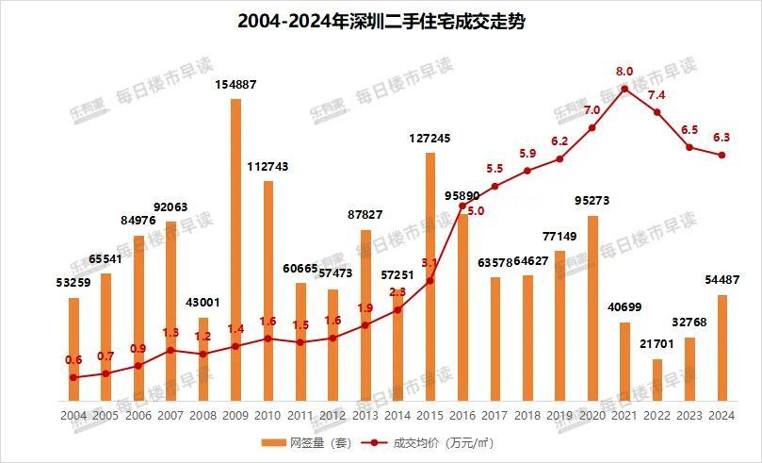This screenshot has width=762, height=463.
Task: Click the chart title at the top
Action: pyautogui.click(x=381, y=21)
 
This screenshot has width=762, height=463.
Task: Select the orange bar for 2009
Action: pyautogui.click(x=235, y=250)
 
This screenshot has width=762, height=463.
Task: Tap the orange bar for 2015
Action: pyautogui.click(x=430, y=277)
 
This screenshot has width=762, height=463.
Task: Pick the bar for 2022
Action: pyautogui.click(x=657, y=380)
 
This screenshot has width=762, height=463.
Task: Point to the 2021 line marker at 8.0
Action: pyautogui.click(x=624, y=89)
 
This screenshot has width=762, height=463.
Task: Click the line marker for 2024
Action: pyautogui.click(x=722, y=156)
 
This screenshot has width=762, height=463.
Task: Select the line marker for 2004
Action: pyautogui.click(x=73, y=377)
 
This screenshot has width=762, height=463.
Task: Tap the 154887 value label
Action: pyautogui.click(x=235, y=85)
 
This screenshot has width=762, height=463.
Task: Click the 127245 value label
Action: pyautogui.click(x=430, y=138)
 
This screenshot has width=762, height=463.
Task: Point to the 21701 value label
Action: pyautogui.click(x=657, y=346)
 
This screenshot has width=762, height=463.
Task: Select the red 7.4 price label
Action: pyautogui.click(x=657, y=95)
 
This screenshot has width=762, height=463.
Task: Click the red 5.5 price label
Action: pyautogui.click(x=494, y=169)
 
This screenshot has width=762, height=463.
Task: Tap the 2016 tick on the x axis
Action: pyautogui.click(x=462, y=415)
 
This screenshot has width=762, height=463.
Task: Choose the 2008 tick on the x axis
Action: pyautogui.click(x=203, y=415)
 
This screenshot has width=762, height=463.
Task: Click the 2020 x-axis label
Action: pyautogui.click(x=592, y=415)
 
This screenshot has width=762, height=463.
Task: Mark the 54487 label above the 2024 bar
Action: pyautogui.click(x=722, y=279)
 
